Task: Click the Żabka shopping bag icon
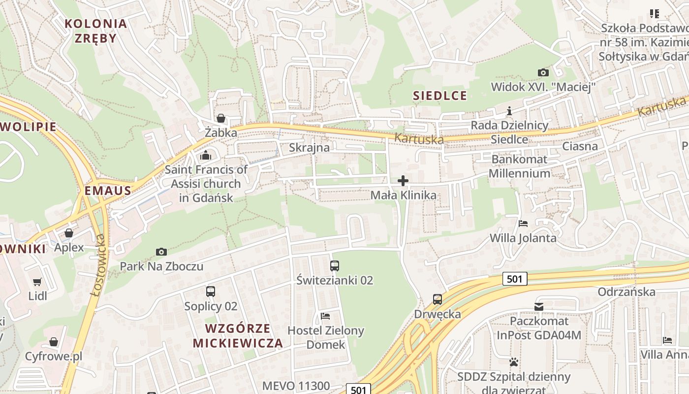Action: point(221,119)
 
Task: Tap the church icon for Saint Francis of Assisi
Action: point(206,156)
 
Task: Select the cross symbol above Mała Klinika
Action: point(403,181)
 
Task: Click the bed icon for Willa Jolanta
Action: point(523,224)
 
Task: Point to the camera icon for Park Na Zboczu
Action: point(161,252)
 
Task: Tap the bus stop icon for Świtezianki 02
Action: point(335,266)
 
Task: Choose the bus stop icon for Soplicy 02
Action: point(211,292)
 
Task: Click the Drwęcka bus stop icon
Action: point(437,299)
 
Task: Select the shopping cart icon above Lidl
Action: point(37,282)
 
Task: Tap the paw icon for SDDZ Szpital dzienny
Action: point(514,362)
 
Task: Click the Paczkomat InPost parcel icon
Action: point(539,307)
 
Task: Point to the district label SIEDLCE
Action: point(440,96)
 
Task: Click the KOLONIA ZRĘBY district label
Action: point(96,31)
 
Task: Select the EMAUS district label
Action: point(108,191)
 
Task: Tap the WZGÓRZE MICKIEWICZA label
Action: point(238,336)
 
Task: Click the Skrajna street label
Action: point(309,147)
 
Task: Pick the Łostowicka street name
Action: point(99,265)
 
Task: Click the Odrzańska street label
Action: point(626,292)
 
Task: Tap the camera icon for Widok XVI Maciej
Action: point(543,73)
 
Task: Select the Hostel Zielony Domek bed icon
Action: point(325,316)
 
